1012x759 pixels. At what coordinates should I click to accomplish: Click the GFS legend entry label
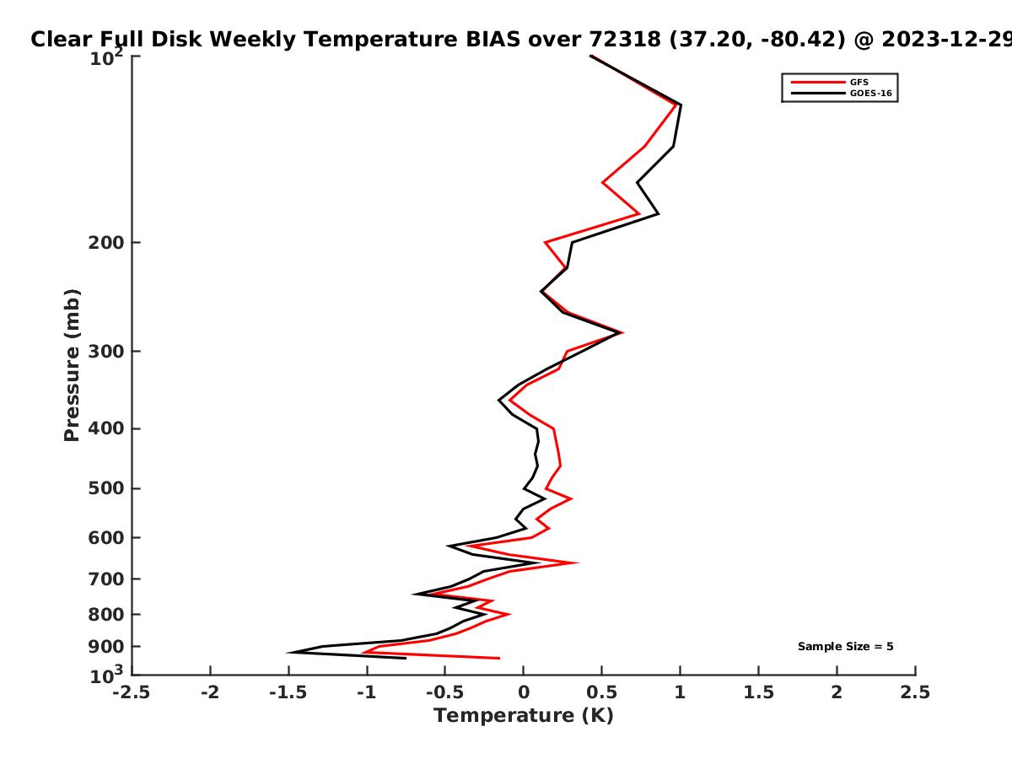(859, 83)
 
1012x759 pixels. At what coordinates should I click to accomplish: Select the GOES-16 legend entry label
(871, 94)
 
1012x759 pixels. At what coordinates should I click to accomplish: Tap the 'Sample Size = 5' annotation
(846, 647)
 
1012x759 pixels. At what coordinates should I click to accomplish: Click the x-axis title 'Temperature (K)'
(524, 716)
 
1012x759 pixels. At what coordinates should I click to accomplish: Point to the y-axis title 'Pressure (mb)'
(72, 365)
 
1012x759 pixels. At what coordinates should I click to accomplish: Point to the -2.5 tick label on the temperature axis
(132, 692)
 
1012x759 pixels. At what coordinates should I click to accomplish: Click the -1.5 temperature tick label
(288, 692)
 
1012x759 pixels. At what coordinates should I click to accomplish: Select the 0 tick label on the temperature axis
(524, 692)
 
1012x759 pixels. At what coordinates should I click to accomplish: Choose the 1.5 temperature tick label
(758, 692)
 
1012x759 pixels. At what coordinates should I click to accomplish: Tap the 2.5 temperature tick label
(915, 692)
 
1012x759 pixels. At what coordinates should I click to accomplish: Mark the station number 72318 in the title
(625, 40)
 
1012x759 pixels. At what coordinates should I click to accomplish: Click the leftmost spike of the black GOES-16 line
(288, 653)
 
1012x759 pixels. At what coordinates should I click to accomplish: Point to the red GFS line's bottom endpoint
(499, 658)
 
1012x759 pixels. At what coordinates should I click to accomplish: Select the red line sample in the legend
(818, 83)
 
